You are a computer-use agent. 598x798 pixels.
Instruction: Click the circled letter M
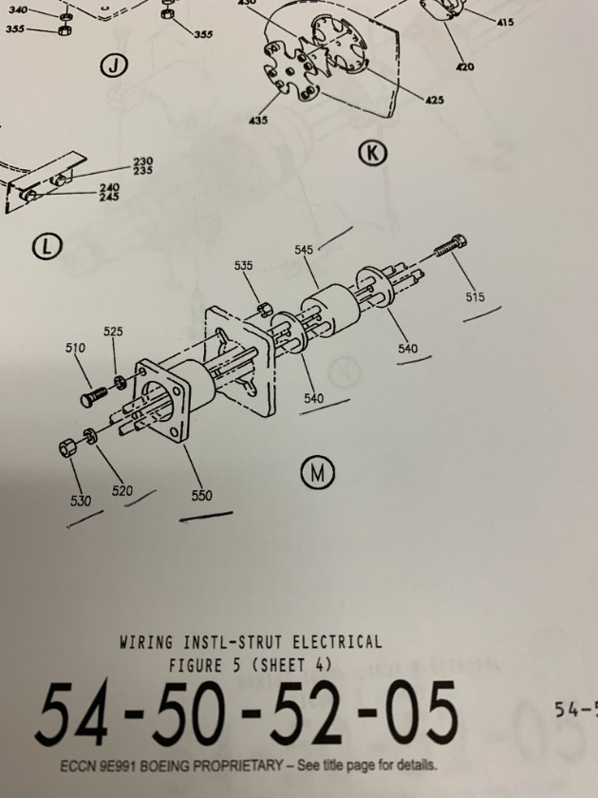pos(317,473)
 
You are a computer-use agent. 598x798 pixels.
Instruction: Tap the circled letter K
pos(373,153)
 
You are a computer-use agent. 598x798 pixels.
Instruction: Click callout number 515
pos(475,296)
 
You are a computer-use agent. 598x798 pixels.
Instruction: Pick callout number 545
pos(304,249)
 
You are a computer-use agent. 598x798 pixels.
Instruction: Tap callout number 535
pos(243,265)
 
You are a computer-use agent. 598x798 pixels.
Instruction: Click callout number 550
pos(201,495)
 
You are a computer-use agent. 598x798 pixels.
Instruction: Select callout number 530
pos(81,501)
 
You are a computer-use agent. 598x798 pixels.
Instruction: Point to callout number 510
pos(75,348)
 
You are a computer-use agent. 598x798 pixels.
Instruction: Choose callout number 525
pos(113,332)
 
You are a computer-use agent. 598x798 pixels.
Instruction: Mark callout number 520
pos(122,490)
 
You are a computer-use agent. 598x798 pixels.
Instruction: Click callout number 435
pos(258,120)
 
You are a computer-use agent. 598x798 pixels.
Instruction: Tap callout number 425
pos(434,101)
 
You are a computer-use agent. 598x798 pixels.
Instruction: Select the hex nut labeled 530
pos(67,448)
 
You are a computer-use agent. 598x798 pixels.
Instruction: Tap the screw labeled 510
pos(94,397)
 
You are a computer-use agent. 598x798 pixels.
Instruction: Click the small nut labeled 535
pos(265,309)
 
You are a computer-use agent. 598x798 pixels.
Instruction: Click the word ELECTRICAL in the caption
pos(337,642)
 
